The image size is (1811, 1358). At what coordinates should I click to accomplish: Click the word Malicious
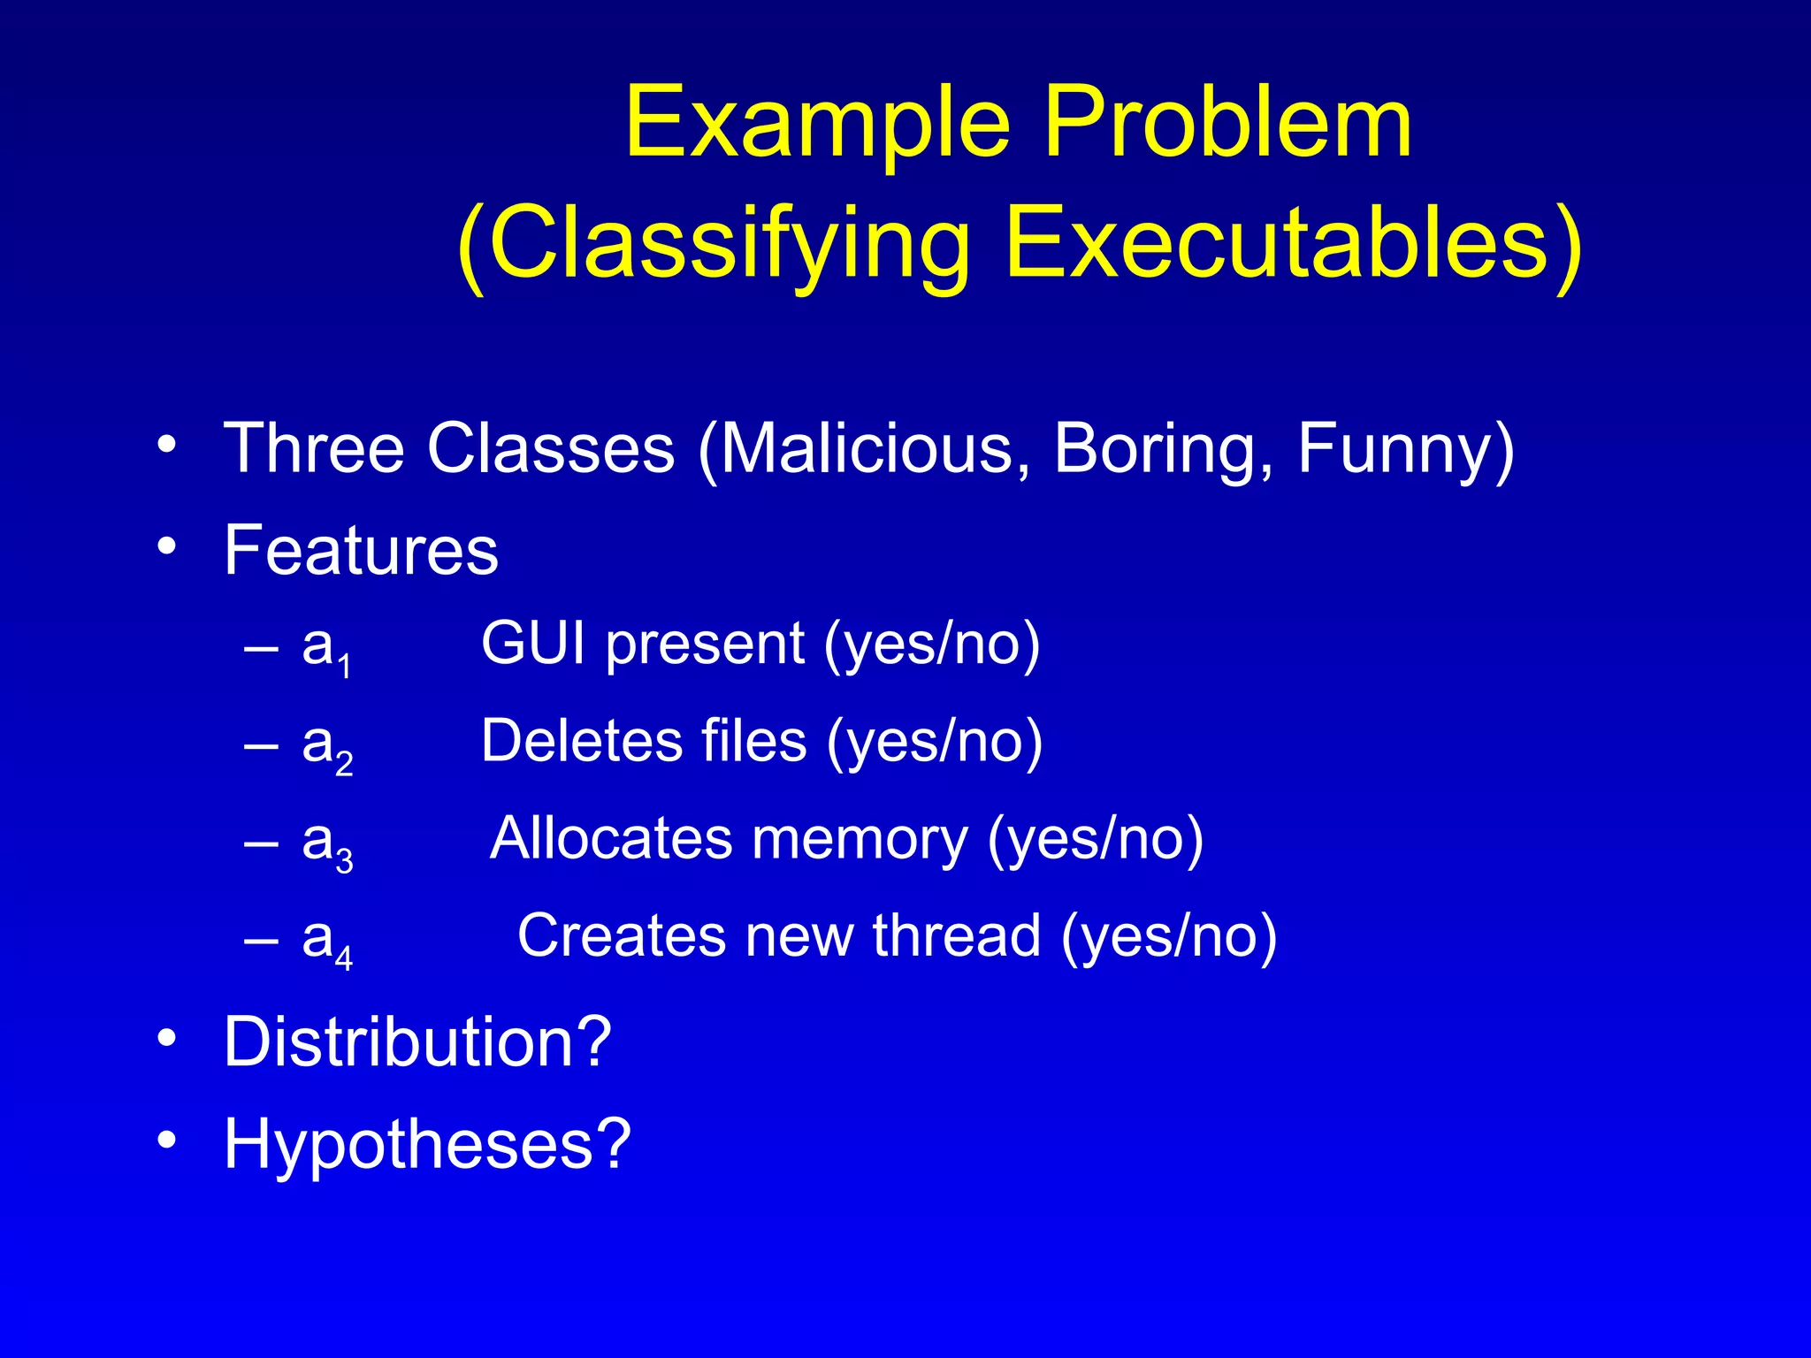(x=867, y=449)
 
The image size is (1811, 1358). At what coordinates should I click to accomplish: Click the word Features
(x=361, y=550)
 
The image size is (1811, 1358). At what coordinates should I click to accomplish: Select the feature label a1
(x=326, y=649)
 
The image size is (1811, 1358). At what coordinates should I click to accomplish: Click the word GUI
(x=532, y=643)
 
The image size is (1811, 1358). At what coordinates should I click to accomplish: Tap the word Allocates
(x=611, y=837)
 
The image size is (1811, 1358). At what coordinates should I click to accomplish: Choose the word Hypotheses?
(x=427, y=1144)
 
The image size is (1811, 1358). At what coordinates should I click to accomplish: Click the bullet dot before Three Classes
(x=166, y=445)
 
